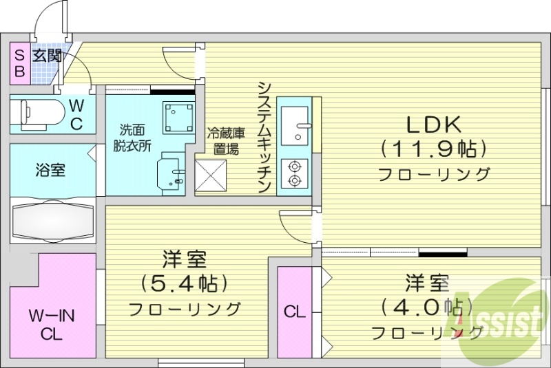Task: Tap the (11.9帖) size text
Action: pos(435,148)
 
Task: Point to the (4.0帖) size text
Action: pos(428,305)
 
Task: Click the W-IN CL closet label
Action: pos(52,326)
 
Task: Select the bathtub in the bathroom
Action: pos(52,221)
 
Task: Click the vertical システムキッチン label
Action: pos(264,138)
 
